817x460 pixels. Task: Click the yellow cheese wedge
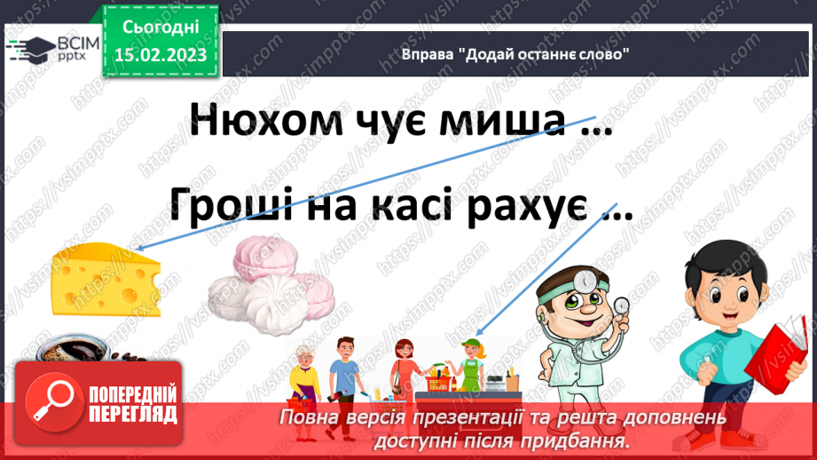click(106, 280)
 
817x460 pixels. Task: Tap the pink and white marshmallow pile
click(271, 285)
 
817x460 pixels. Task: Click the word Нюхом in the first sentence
click(266, 120)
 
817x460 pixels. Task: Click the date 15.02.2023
click(161, 55)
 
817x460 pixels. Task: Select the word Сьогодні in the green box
click(161, 28)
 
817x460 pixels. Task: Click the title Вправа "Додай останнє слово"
click(515, 54)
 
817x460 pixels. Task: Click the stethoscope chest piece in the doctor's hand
click(621, 305)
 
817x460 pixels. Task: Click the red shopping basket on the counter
click(437, 384)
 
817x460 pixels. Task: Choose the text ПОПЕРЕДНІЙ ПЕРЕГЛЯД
click(133, 404)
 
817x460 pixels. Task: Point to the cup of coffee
click(70, 348)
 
